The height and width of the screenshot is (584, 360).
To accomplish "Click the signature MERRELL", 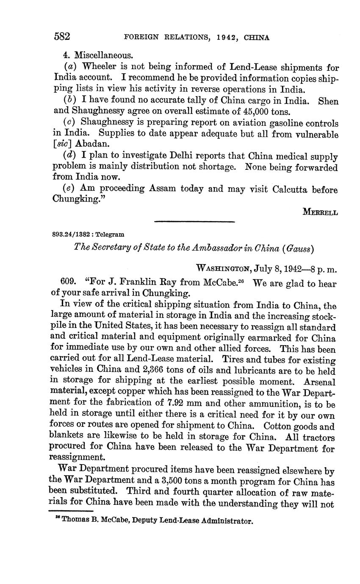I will [x=320, y=212].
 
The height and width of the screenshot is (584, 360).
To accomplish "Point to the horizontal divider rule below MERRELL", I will [x=194, y=221].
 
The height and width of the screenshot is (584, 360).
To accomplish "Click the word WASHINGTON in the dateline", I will [x=224, y=268].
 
